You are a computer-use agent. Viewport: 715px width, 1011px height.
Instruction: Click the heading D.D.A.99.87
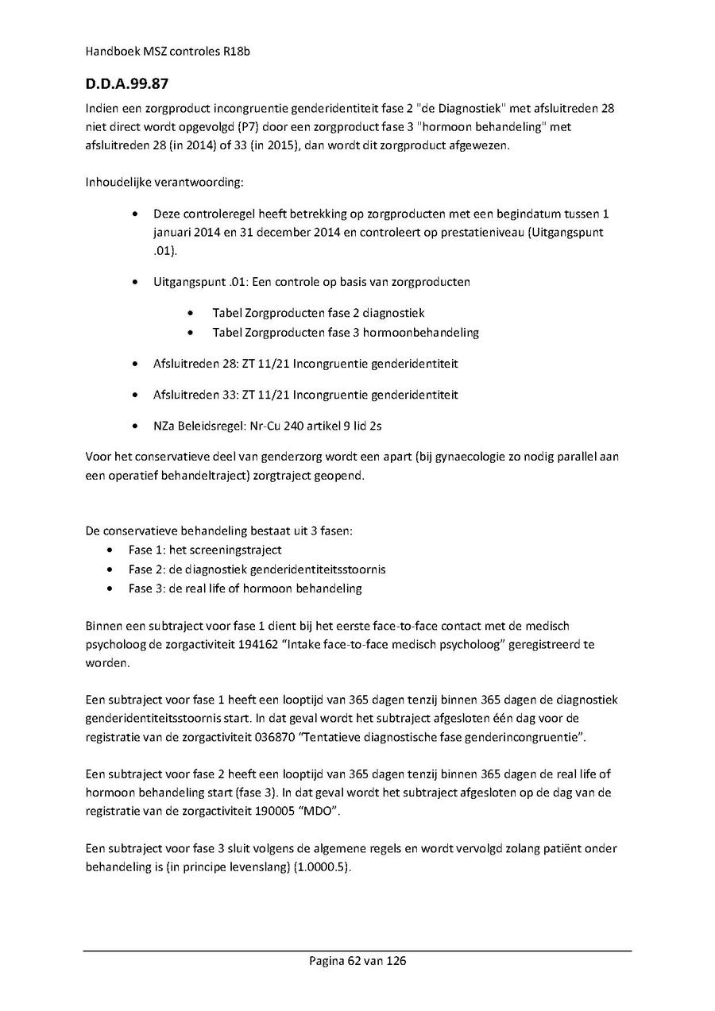127,83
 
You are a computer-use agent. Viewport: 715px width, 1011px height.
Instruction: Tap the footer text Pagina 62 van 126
357,961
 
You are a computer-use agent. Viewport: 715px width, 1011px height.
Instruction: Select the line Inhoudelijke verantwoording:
164,183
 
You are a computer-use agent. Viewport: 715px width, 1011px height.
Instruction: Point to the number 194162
256,644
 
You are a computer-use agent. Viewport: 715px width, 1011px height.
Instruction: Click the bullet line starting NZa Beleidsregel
268,426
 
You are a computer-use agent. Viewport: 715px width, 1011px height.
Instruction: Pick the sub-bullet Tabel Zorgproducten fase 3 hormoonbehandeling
346,333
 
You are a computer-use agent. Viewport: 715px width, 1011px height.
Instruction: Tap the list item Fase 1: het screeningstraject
205,550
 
